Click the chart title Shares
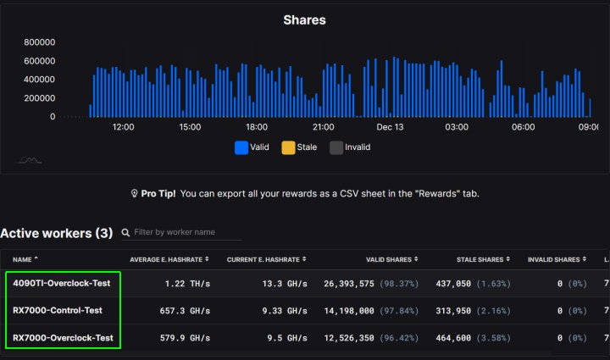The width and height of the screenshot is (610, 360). [304, 19]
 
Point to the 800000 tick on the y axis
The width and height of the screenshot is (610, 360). [40, 42]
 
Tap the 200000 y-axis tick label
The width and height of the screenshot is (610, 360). [40, 98]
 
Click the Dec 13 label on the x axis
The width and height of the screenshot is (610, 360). [390, 127]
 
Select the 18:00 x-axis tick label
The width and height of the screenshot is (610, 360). [256, 127]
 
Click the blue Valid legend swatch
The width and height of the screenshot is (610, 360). [241, 147]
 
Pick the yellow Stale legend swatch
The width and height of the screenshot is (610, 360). [288, 147]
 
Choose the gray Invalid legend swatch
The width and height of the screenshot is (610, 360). [336, 147]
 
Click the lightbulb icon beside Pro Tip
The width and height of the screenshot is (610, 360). [134, 194]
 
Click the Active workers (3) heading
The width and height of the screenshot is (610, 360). [56, 233]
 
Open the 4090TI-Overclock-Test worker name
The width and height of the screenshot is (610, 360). [62, 283]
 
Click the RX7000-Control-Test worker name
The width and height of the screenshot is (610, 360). [58, 311]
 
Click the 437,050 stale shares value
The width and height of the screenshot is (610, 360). [453, 283]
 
